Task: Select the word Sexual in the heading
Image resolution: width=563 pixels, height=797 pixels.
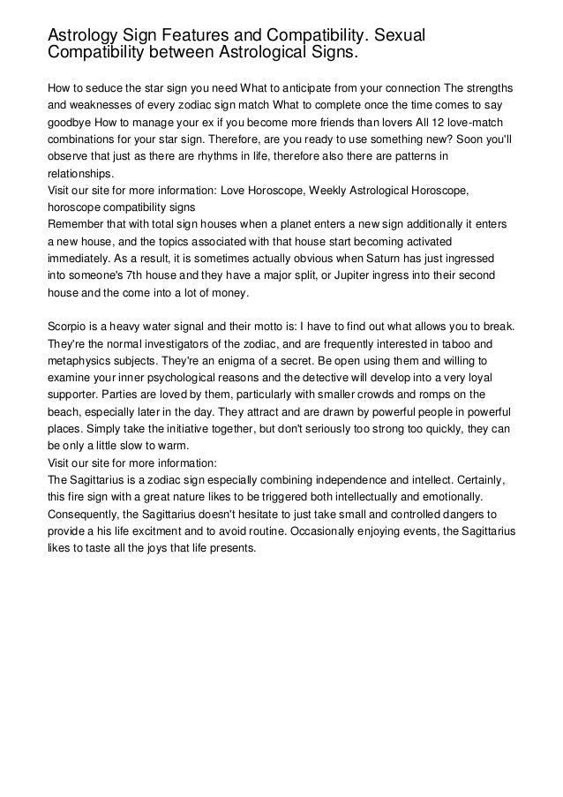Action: pos(397,36)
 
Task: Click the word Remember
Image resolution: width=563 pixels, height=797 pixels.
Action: pos(79,223)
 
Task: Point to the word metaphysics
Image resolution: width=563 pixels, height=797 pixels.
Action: pos(84,361)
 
